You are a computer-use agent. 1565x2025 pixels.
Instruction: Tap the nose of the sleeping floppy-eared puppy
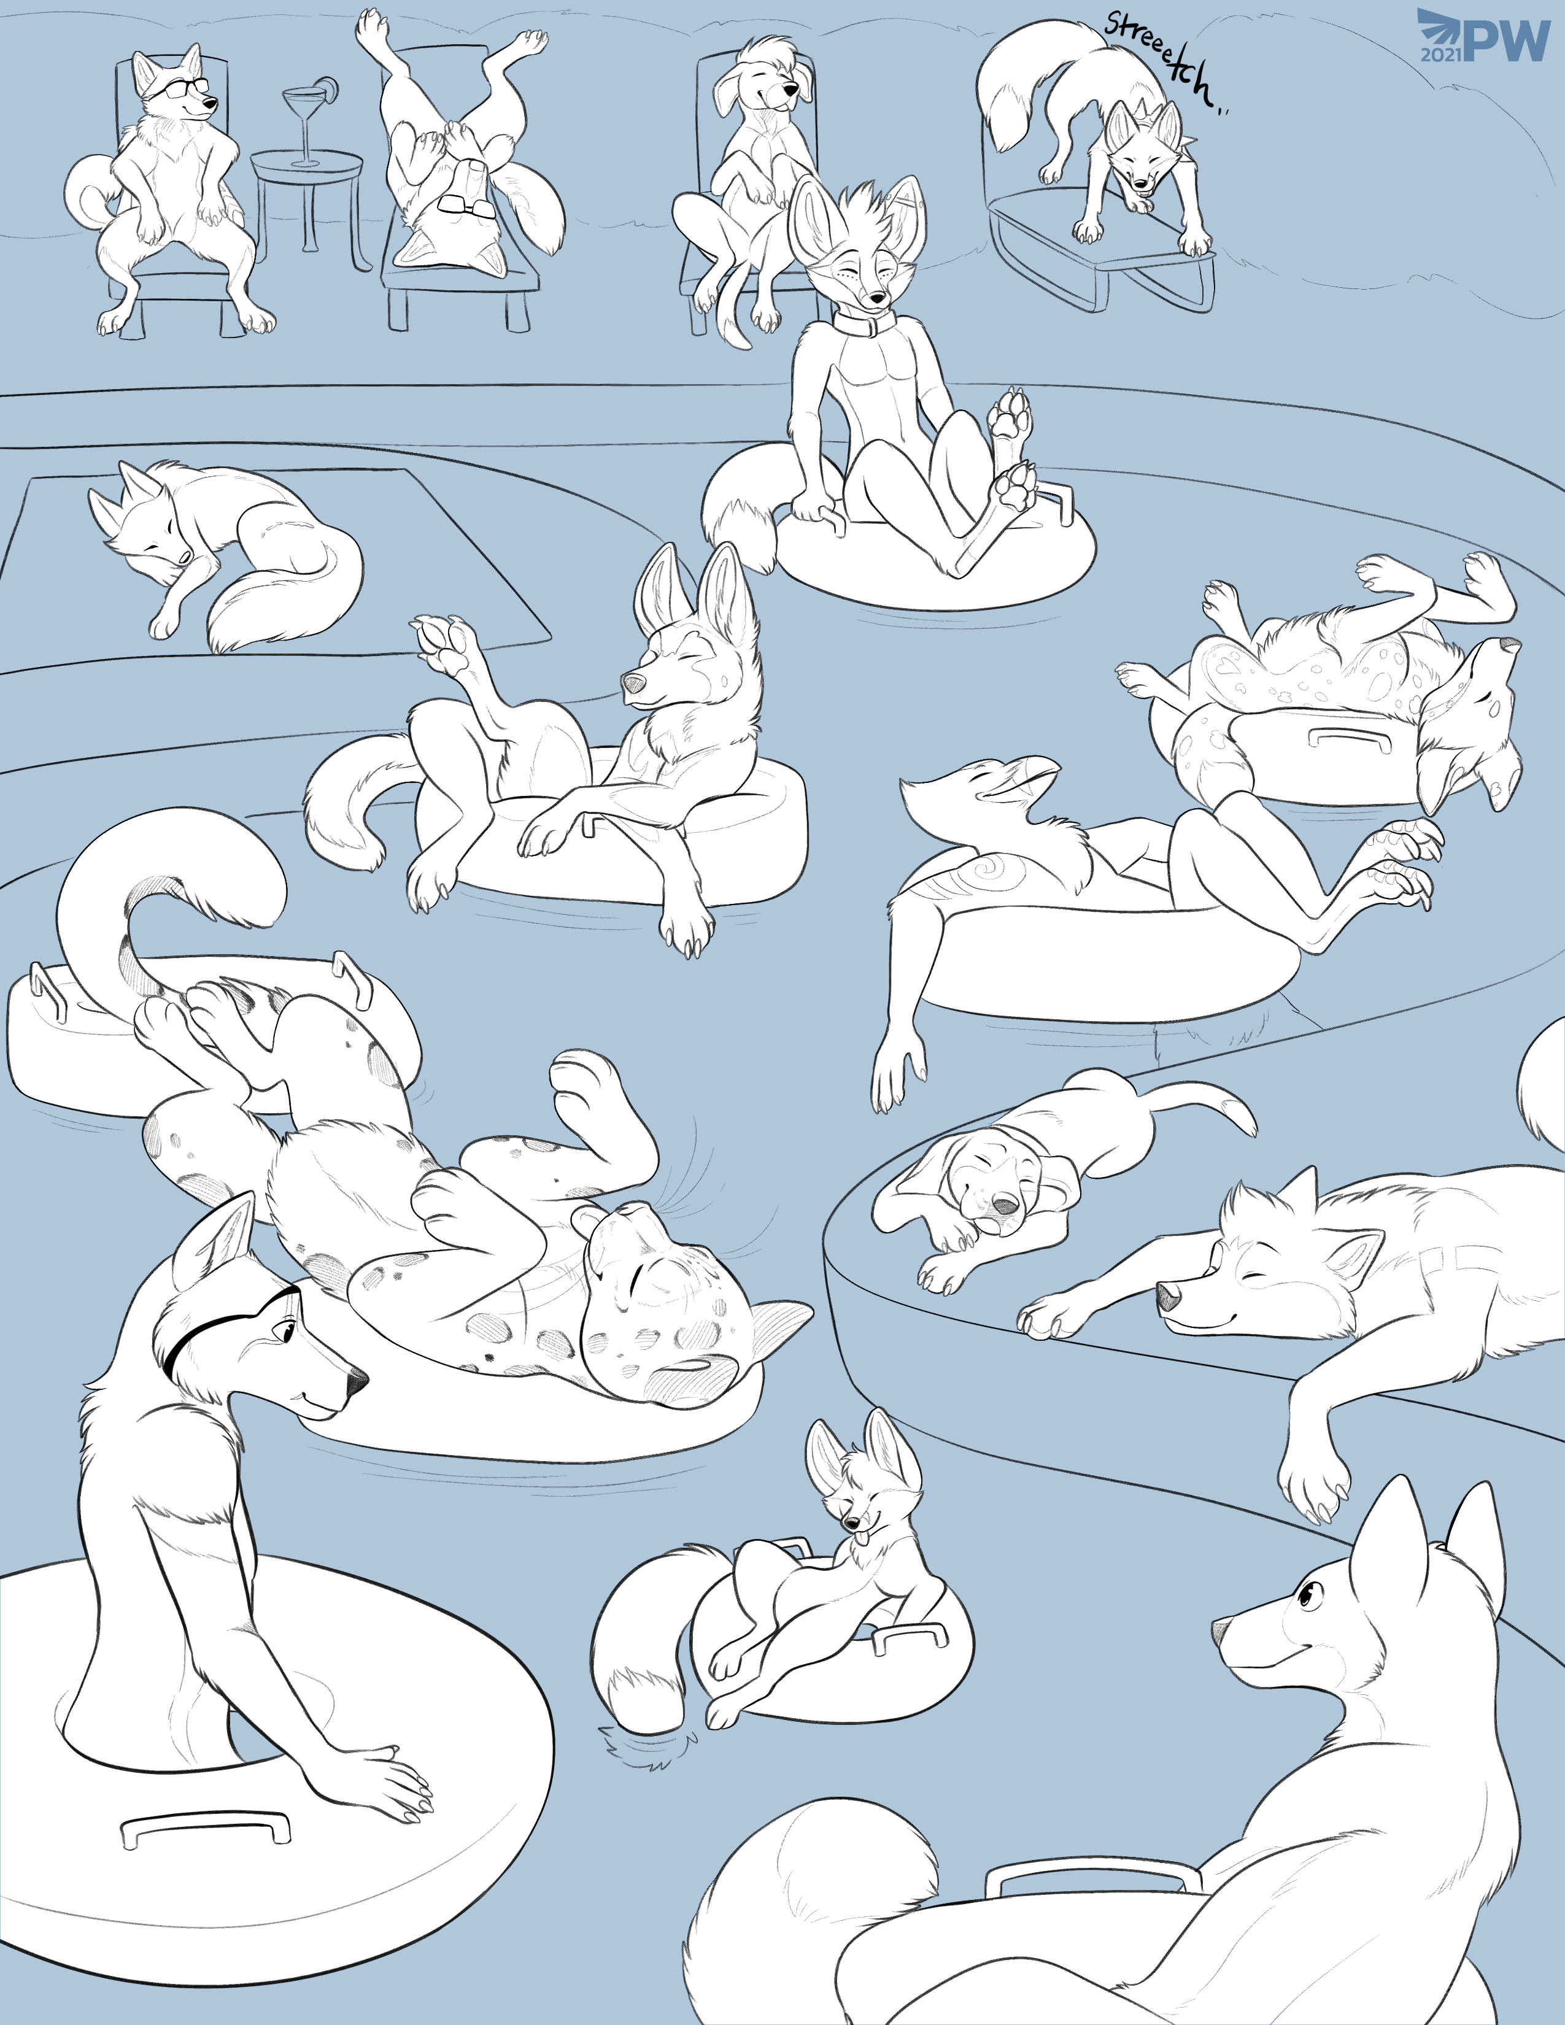coord(1002,1205)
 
